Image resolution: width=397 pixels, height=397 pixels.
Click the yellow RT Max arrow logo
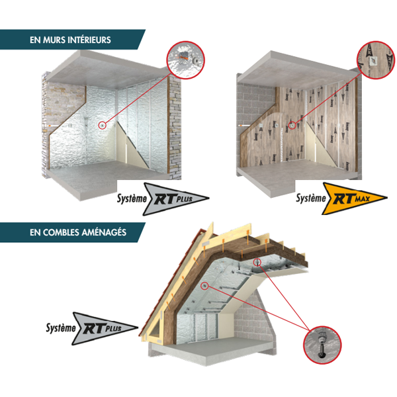[x=355, y=198]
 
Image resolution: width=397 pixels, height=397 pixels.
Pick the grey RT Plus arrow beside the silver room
[x=176, y=199]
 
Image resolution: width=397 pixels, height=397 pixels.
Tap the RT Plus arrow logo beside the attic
[x=105, y=329]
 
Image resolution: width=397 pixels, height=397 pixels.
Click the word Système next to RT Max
[x=311, y=198]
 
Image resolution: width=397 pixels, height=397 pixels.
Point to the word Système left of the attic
[x=61, y=328]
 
